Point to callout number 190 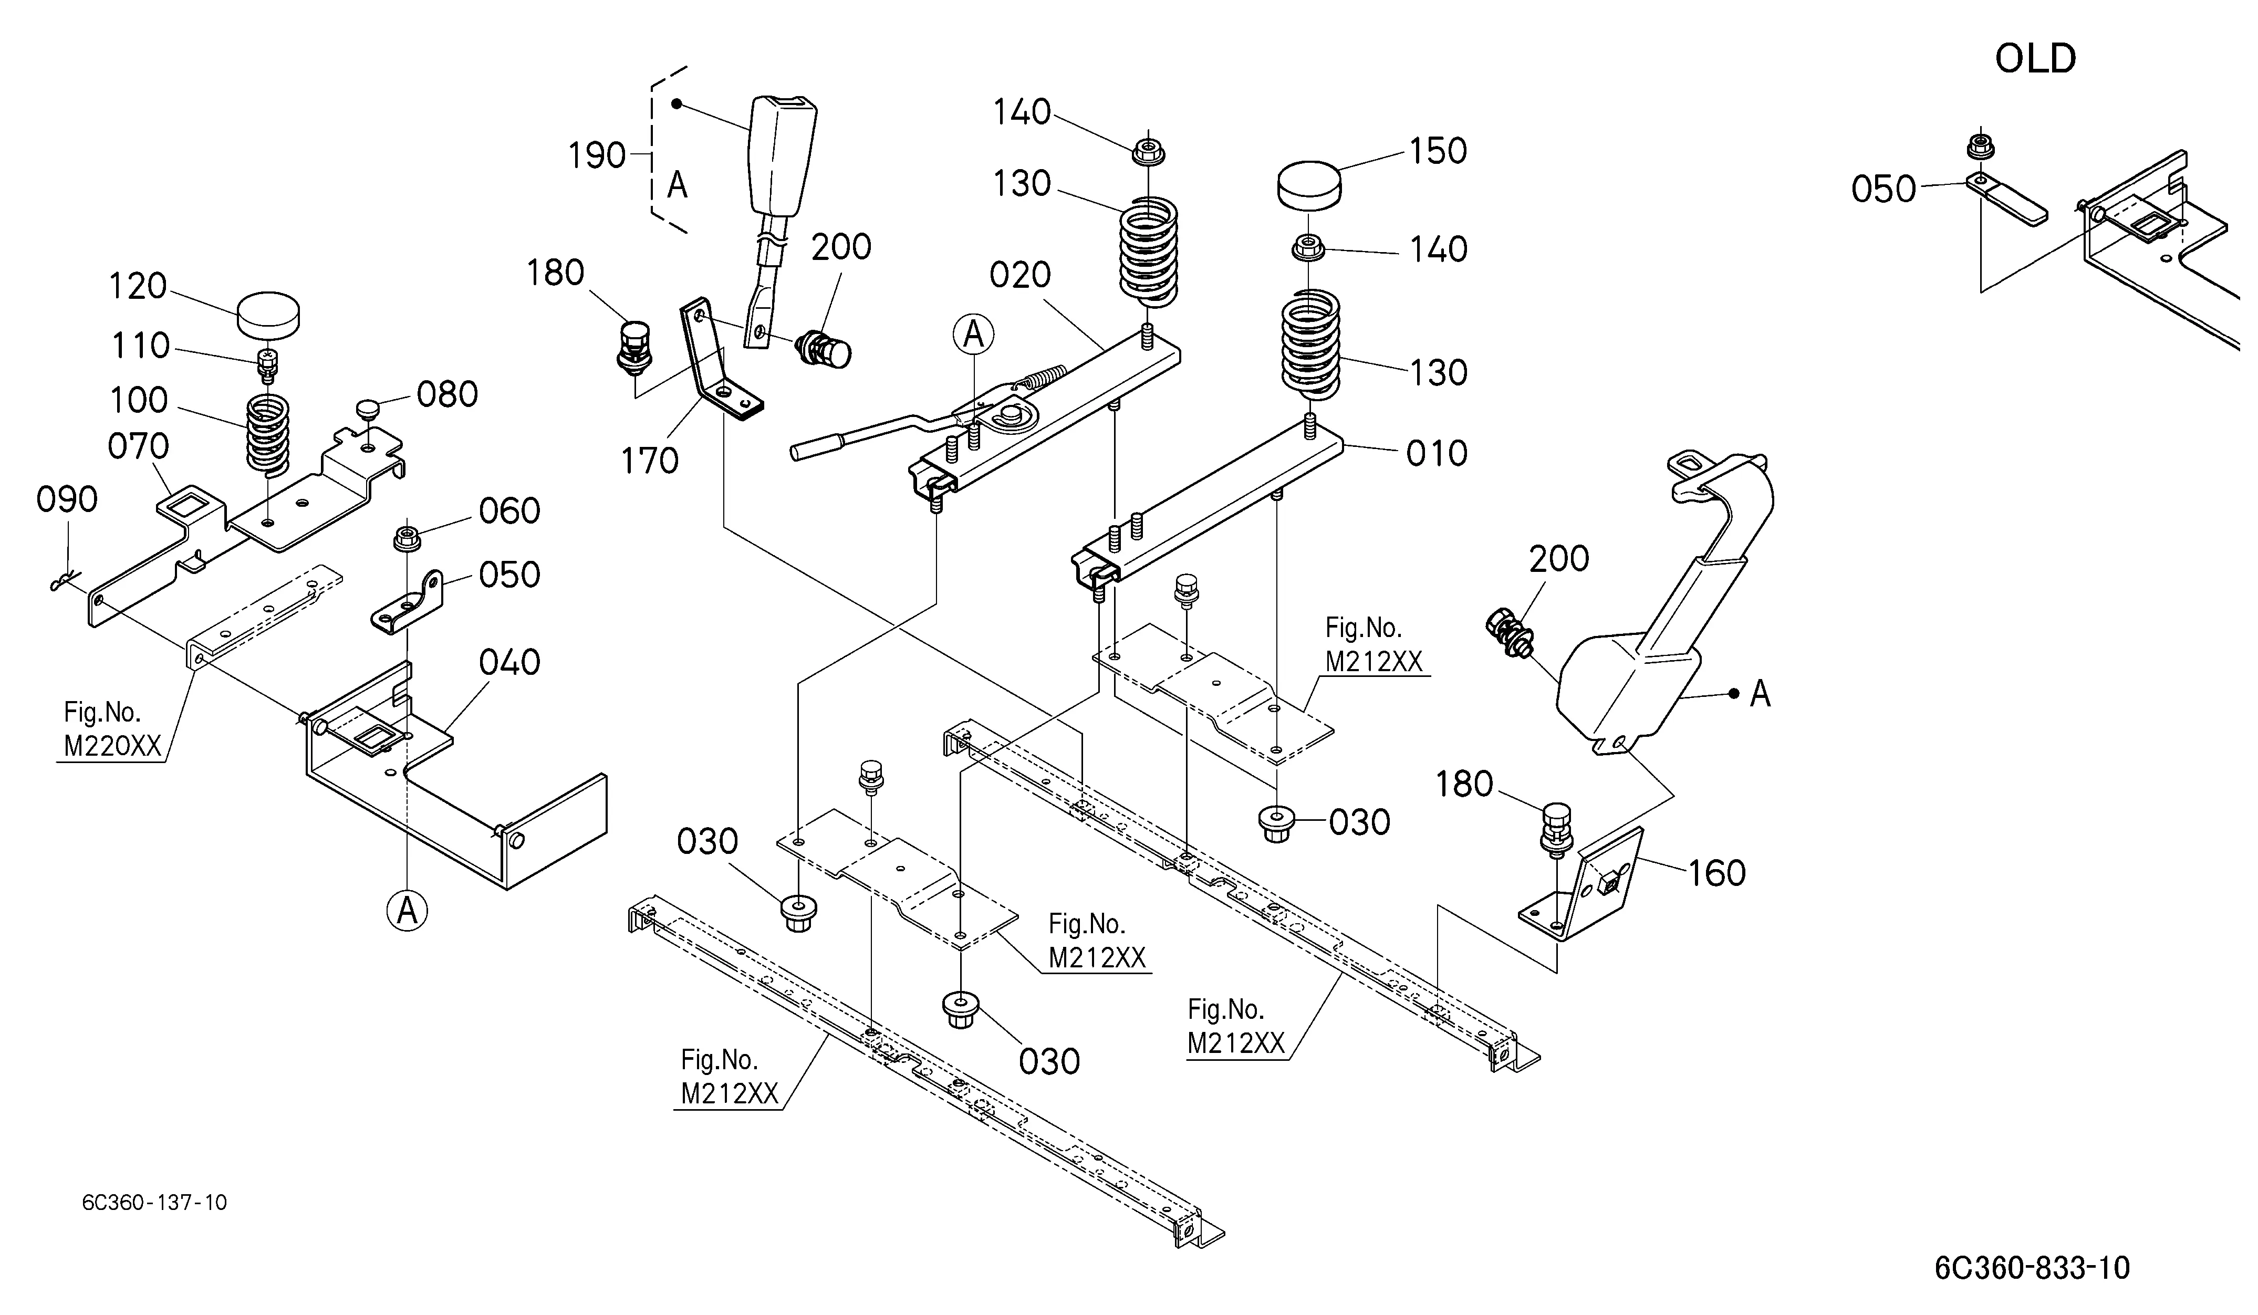597,156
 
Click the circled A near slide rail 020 973,335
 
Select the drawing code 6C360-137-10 154,1202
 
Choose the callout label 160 1717,872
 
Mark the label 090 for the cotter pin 66,499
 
